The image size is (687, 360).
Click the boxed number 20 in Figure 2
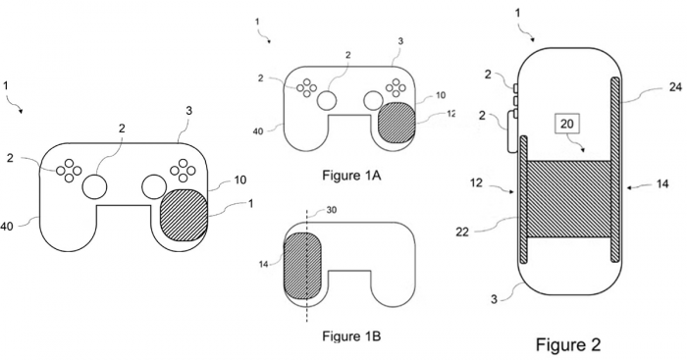click(568, 124)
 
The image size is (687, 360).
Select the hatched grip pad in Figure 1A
click(396, 124)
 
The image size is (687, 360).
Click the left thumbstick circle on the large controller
click(96, 185)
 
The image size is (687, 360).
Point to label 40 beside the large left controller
click(7, 227)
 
